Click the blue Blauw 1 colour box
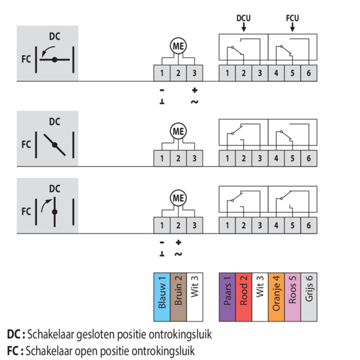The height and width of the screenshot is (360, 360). pyautogui.click(x=162, y=297)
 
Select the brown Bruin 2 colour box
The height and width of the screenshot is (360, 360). pyautogui.click(x=178, y=297)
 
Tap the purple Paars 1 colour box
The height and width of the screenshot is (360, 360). pyautogui.click(x=227, y=297)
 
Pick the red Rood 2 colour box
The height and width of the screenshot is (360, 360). pyautogui.click(x=244, y=297)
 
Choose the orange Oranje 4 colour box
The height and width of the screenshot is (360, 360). pyautogui.click(x=276, y=297)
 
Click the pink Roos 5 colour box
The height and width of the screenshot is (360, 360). pyautogui.click(x=293, y=297)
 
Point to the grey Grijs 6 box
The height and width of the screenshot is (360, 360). pyautogui.click(x=309, y=297)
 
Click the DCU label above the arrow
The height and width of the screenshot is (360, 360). pyautogui.click(x=244, y=18)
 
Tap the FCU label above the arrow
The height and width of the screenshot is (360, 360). pyautogui.click(x=293, y=18)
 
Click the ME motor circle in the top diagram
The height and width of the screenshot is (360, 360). pyautogui.click(x=178, y=46)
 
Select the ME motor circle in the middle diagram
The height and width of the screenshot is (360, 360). pyautogui.click(x=178, y=131)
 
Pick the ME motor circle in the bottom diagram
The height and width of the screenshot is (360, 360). pyautogui.click(x=178, y=198)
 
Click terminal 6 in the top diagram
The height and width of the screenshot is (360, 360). pyautogui.click(x=309, y=73)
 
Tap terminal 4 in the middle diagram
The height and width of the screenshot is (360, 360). pyautogui.click(x=276, y=158)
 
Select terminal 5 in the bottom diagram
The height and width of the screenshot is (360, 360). pyautogui.click(x=293, y=225)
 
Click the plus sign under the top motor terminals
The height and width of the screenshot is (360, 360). pyautogui.click(x=194, y=90)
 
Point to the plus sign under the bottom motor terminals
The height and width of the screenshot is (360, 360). pyautogui.click(x=178, y=242)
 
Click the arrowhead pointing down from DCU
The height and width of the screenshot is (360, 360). pyautogui.click(x=244, y=29)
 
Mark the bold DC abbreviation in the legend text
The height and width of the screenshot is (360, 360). pyautogui.click(x=14, y=334)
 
